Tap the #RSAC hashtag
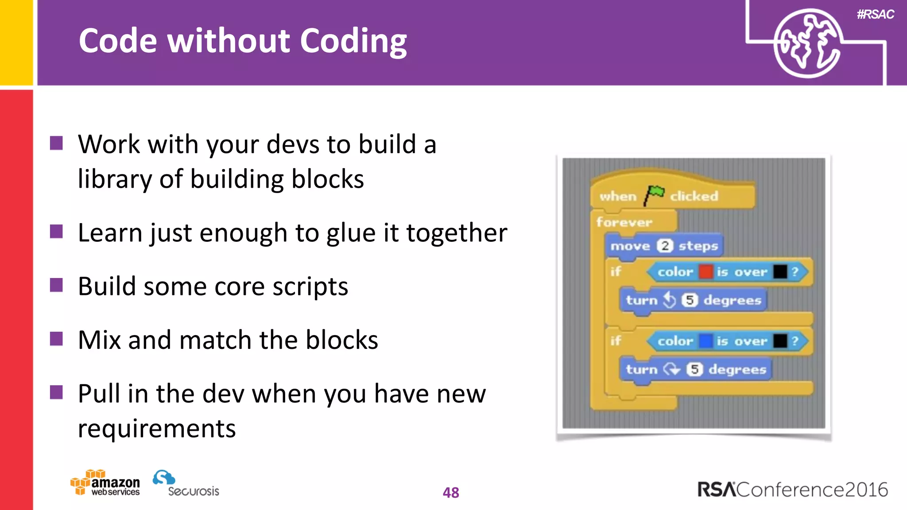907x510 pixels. click(x=875, y=14)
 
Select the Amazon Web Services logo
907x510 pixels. click(x=105, y=483)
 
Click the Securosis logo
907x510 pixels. click(x=186, y=483)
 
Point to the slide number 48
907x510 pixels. click(x=451, y=492)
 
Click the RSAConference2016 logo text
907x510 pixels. click(x=793, y=490)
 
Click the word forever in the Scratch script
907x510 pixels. click(x=624, y=222)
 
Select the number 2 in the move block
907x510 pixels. click(x=665, y=246)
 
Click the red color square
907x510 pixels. click(x=705, y=271)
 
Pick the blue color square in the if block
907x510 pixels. click(x=705, y=341)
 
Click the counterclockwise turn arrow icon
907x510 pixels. click(x=670, y=300)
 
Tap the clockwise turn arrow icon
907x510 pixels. click(x=672, y=369)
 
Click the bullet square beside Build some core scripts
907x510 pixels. click(x=56, y=285)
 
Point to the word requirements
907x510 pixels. click(x=157, y=429)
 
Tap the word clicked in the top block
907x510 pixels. click(x=694, y=196)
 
